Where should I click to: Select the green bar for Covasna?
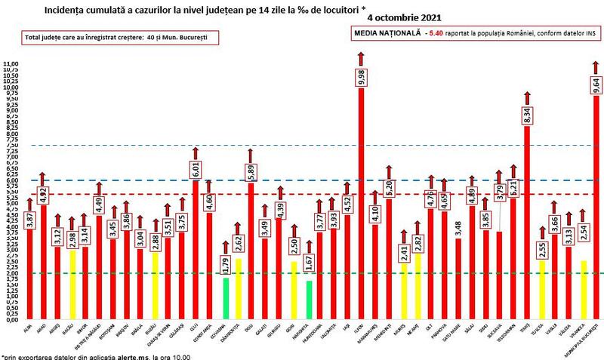click(x=226, y=298)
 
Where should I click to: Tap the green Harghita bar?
click(x=310, y=300)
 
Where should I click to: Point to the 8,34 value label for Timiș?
click(x=527, y=115)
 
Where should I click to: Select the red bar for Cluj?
click(x=194, y=249)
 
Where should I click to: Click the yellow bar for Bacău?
click(x=72, y=283)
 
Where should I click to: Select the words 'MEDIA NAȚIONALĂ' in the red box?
click(x=386, y=34)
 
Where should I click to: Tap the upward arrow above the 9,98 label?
click(x=361, y=57)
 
